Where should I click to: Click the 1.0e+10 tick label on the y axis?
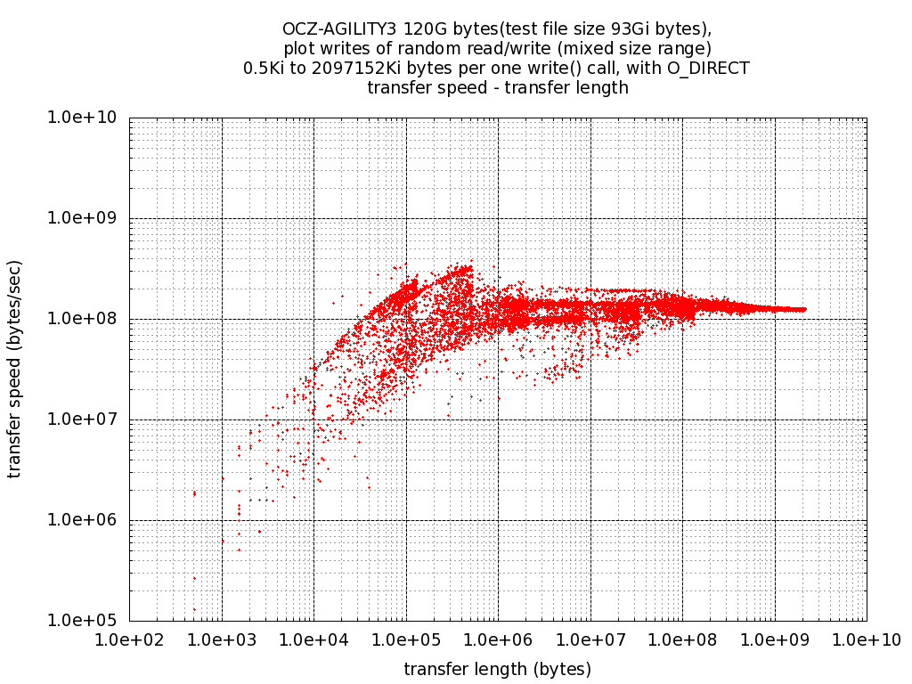86,118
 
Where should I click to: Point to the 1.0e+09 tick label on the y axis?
86,218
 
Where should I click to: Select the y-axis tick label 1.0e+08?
86,319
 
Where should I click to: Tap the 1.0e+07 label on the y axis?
86,419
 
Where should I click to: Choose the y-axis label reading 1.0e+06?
86,520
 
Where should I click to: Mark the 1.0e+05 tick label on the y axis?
86,621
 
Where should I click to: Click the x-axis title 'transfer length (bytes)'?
498,668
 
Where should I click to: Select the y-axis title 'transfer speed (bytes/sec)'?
15,369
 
